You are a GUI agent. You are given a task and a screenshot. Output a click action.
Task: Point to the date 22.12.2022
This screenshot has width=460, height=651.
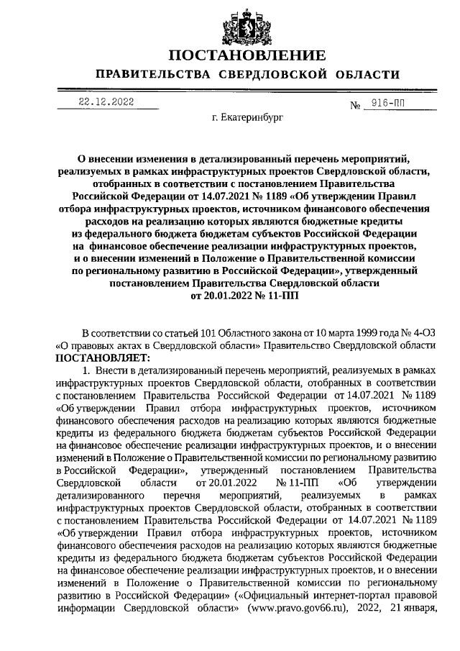point(107,102)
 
